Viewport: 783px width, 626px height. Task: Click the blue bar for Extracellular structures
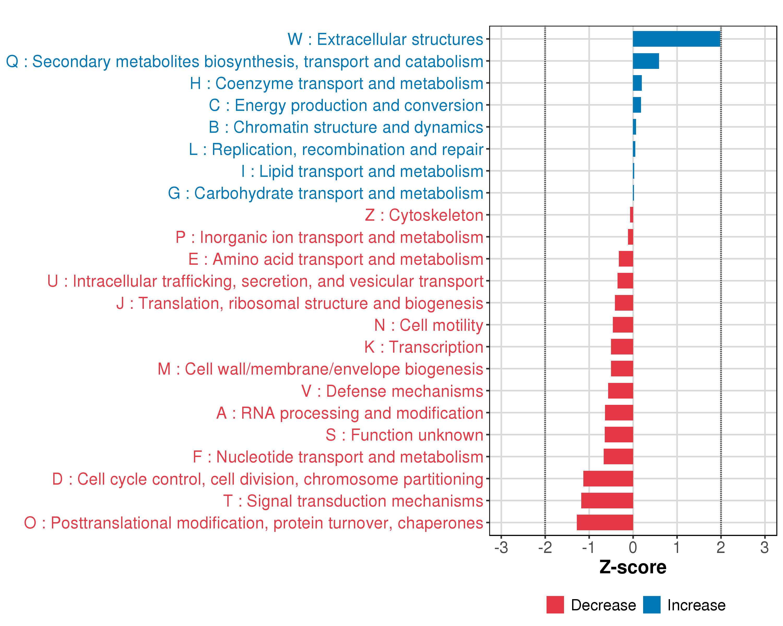point(676,39)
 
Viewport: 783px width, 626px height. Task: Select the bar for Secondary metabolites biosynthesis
point(646,61)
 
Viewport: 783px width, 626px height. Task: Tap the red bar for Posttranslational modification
point(605,522)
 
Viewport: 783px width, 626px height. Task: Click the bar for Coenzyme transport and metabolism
point(637,83)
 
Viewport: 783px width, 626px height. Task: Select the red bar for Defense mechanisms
point(620,390)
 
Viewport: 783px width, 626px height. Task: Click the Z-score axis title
point(633,567)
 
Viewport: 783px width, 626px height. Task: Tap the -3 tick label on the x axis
point(501,547)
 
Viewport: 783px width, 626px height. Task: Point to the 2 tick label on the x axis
point(721,547)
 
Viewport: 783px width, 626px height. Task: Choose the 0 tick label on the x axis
point(633,547)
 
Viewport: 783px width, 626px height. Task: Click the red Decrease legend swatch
point(555,605)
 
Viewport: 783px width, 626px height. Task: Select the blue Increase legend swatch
point(651,605)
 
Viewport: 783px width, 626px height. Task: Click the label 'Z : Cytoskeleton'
point(424,215)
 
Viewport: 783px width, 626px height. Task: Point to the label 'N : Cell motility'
point(429,325)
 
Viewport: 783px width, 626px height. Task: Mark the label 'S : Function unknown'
point(404,435)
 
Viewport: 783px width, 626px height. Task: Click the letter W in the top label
point(295,39)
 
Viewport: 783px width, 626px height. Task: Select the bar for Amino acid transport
point(626,259)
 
